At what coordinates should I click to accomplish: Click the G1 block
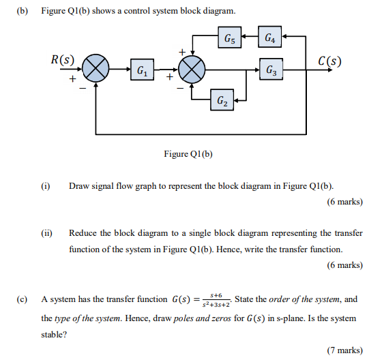143,70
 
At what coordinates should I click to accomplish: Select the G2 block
223,100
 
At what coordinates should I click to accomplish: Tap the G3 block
271,70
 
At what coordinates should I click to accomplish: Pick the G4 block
271,38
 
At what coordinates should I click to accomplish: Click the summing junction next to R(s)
96,69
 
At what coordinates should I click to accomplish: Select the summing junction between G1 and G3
192,69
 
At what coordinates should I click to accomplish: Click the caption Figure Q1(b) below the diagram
189,153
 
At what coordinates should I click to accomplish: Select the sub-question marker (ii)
47,232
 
